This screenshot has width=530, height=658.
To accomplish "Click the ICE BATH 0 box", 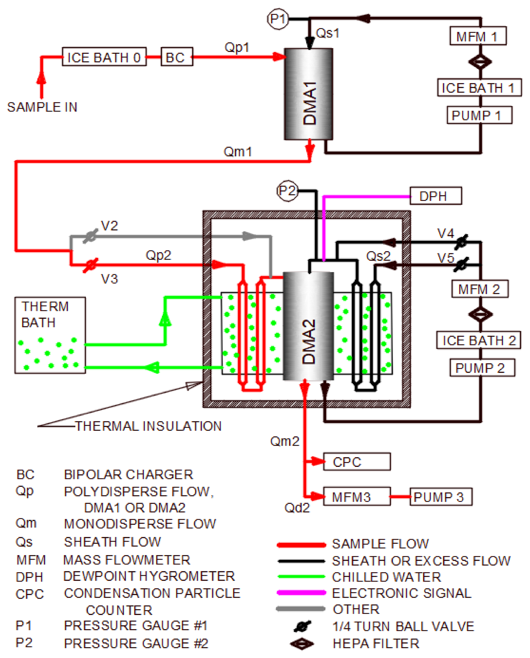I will [104, 57].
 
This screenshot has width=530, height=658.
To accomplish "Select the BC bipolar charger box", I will [177, 57].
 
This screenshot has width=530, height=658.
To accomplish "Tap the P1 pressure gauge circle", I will [277, 19].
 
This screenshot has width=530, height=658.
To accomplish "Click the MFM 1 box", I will [478, 36].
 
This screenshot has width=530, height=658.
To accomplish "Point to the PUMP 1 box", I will [479, 115].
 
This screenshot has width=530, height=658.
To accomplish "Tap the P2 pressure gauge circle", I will [287, 191].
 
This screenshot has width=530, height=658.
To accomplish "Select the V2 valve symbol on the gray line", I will [91, 236].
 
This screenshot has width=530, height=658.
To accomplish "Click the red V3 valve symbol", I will [91, 265].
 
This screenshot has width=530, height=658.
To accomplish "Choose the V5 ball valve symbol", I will [461, 264].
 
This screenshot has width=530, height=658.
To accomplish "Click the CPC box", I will [356, 462].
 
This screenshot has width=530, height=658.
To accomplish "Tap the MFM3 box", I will [356, 497].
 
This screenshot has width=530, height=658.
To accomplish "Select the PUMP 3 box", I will [441, 497].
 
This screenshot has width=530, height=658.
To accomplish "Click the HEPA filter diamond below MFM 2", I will [480, 314].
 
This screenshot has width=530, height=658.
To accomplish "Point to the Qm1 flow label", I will [238, 152].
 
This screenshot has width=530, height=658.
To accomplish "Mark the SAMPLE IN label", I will [42, 107].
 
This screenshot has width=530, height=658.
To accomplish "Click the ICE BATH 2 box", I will [479, 340].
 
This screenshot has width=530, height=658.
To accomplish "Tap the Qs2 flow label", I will [378, 256].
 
